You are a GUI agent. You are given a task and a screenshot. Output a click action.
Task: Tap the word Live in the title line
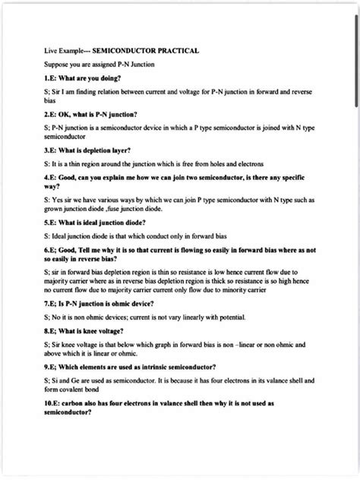tap(50, 51)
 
